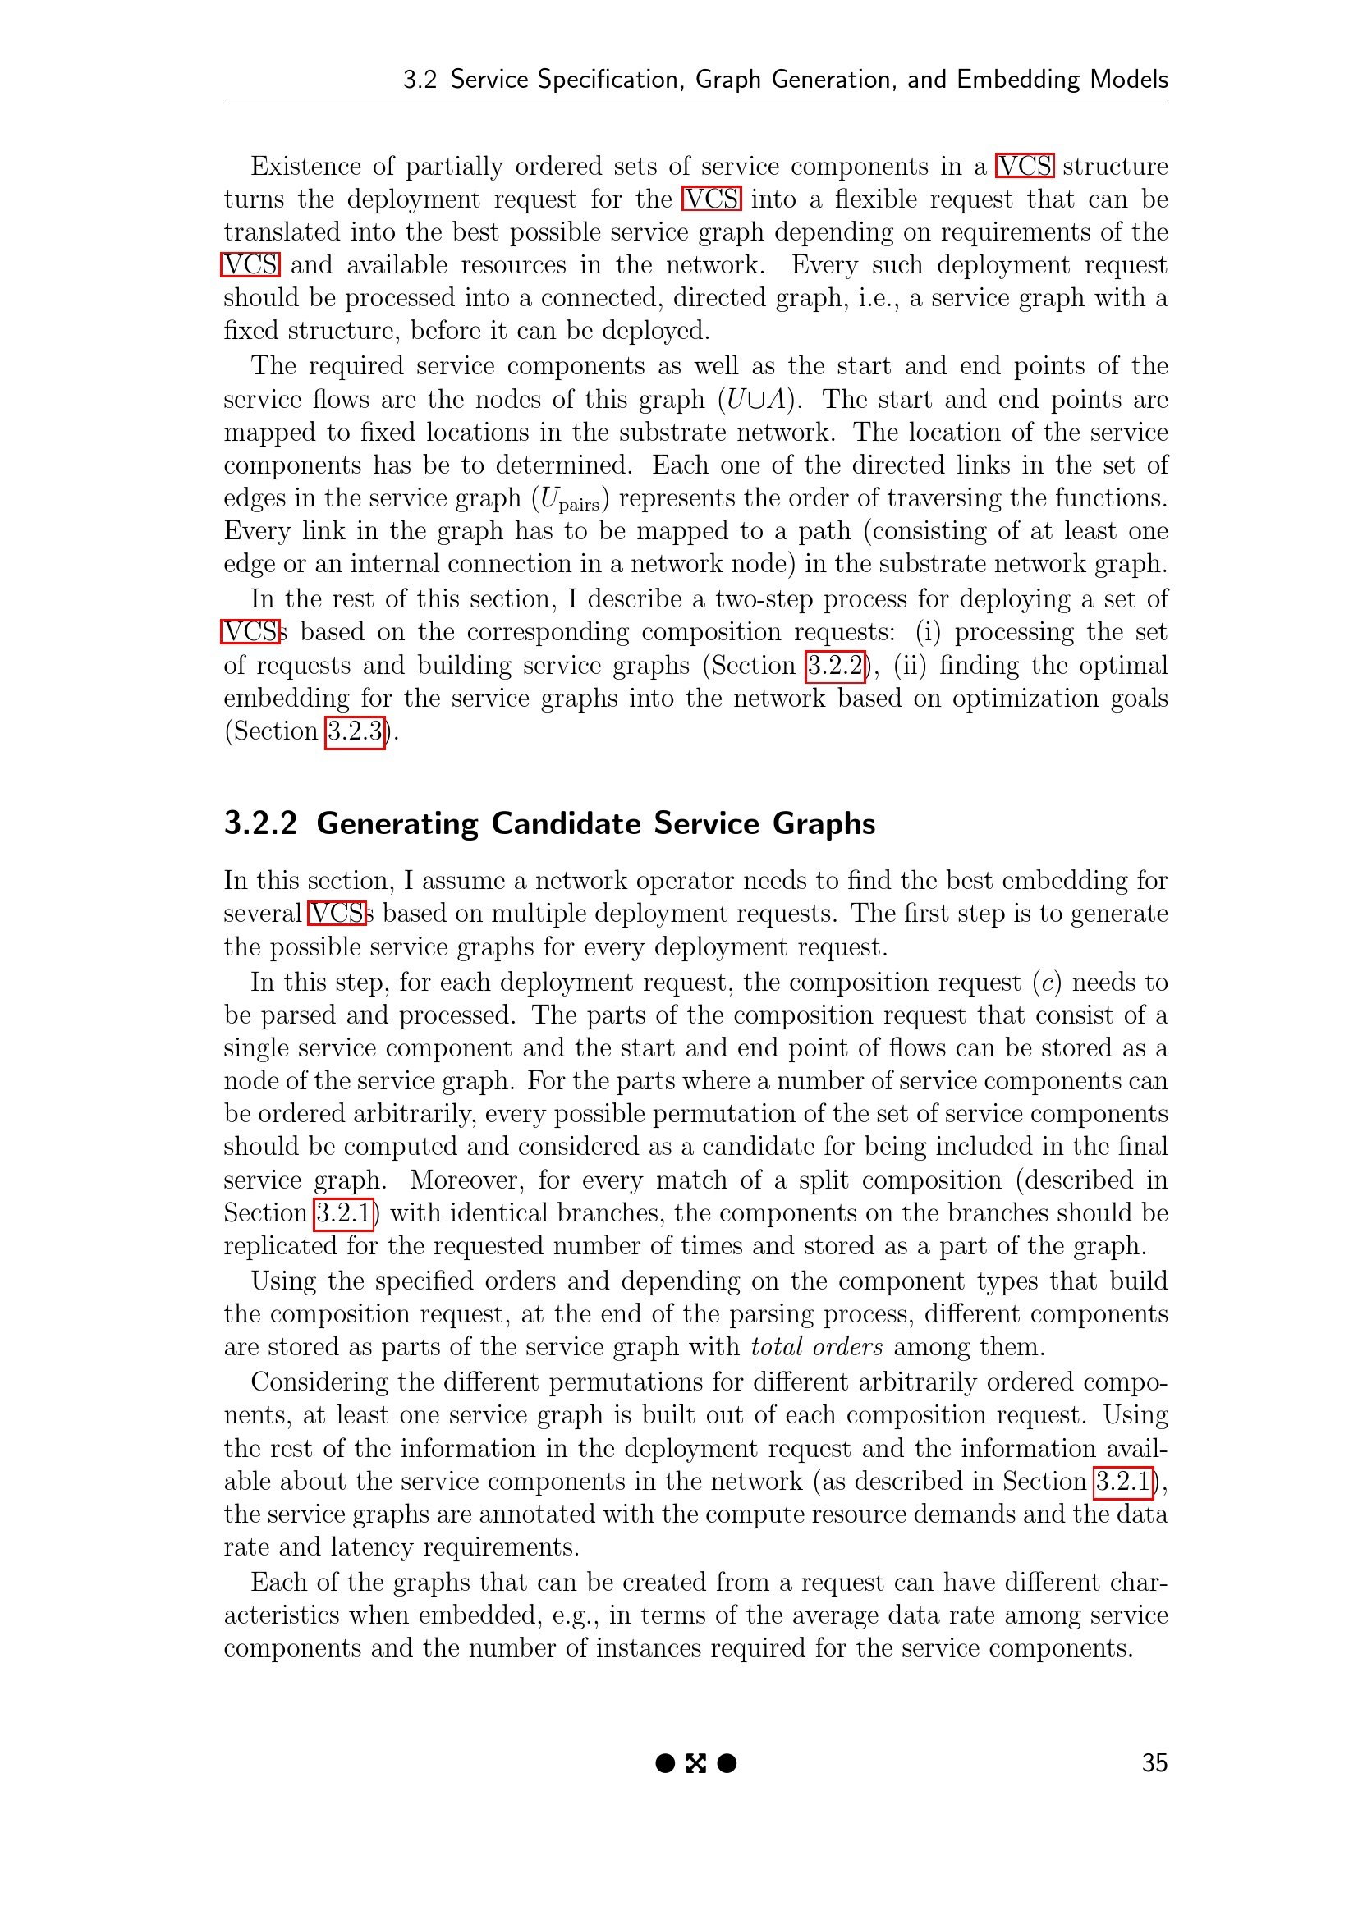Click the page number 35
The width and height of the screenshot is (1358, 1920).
pyautogui.click(x=1154, y=1762)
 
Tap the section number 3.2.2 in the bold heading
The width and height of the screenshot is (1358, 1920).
pyautogui.click(x=260, y=823)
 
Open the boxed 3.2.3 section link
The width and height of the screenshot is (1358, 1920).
pyautogui.click(x=355, y=731)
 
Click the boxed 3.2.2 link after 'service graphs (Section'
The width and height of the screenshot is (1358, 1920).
pyautogui.click(x=834, y=666)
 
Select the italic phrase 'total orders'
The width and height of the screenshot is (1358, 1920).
pyautogui.click(x=816, y=1347)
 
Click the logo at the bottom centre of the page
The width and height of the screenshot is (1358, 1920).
pyautogui.click(x=695, y=1762)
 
